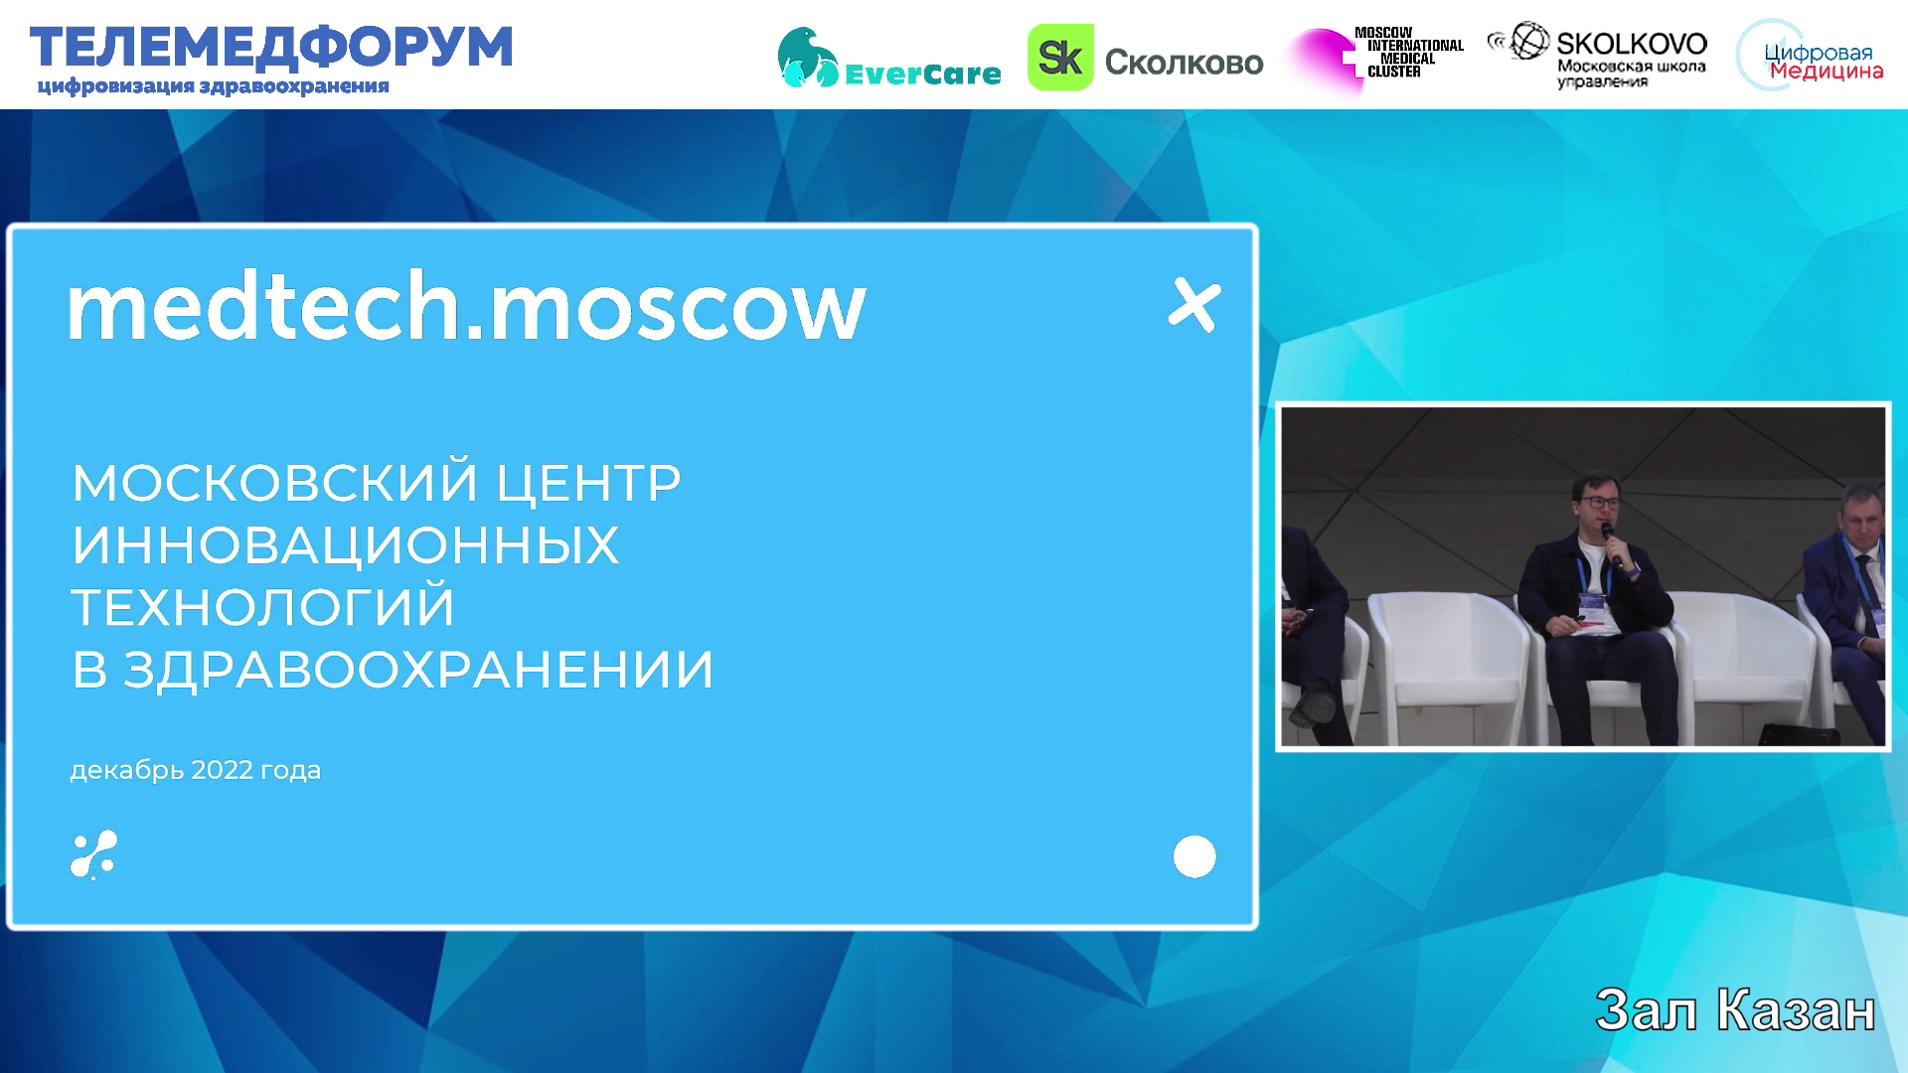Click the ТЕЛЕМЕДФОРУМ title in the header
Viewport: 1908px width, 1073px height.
click(271, 48)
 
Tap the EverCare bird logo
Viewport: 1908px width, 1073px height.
click(808, 58)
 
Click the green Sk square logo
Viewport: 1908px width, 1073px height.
click(1060, 58)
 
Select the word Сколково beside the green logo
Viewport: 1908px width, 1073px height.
click(1184, 63)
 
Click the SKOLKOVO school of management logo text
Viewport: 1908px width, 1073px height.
click(1631, 57)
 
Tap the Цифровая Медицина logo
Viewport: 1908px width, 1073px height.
click(1810, 57)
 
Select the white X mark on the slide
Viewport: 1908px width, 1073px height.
click(1193, 305)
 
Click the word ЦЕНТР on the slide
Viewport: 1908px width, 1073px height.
click(588, 483)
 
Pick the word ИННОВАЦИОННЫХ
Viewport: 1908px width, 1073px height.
click(345, 545)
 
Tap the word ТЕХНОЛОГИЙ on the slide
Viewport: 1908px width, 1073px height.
click(262, 607)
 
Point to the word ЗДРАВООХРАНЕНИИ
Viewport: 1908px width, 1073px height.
click(418, 670)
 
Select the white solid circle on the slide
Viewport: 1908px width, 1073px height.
click(1194, 856)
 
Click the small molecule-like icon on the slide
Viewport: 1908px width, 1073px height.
click(93, 854)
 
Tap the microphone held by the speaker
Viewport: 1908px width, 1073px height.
click(1611, 546)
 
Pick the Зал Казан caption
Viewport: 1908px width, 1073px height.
click(1735, 1010)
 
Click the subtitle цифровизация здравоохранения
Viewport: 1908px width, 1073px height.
click(213, 86)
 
